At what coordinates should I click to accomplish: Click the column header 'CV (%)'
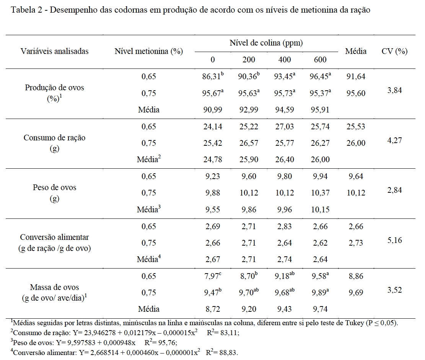(394, 51)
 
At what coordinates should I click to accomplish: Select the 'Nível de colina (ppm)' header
(266, 43)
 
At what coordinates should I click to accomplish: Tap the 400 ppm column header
(285, 59)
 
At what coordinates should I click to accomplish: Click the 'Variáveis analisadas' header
(54, 51)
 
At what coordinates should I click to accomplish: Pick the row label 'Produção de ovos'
(54, 88)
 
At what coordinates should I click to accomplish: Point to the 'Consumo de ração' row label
(54, 138)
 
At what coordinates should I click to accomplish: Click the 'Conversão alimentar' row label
(54, 237)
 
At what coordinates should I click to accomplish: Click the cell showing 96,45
(319, 77)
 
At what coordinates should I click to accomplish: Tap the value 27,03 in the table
(285, 127)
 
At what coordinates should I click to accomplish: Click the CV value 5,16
(394, 241)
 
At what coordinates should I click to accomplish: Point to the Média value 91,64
(355, 77)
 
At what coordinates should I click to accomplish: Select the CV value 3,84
(394, 91)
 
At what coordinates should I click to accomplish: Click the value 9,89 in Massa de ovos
(319, 293)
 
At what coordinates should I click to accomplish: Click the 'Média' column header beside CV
(355, 51)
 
